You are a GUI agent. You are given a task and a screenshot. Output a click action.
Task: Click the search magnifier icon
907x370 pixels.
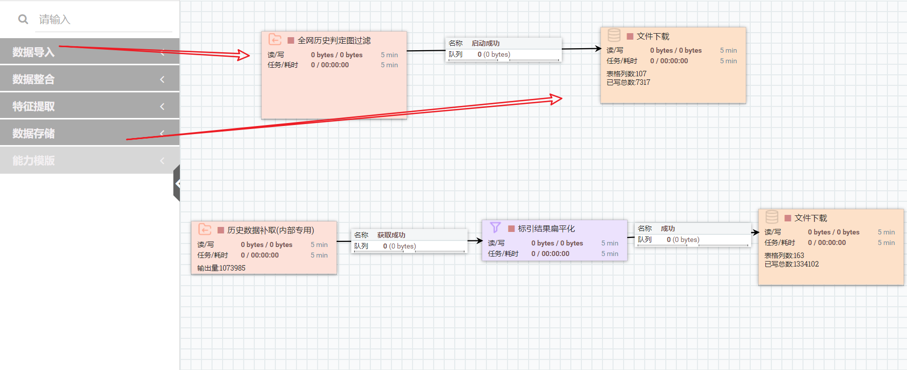pyautogui.click(x=23, y=19)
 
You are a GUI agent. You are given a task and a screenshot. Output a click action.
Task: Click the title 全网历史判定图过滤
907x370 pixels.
pyautogui.click(x=334, y=41)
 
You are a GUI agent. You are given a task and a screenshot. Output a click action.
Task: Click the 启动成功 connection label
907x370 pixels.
pyautogui.click(x=485, y=43)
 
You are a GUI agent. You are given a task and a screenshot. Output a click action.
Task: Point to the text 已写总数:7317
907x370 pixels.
pyautogui.click(x=628, y=82)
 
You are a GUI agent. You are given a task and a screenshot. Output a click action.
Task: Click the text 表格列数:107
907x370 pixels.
pyautogui.click(x=626, y=74)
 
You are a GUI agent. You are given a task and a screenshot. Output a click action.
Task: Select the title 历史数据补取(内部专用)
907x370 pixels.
pyautogui.click(x=270, y=230)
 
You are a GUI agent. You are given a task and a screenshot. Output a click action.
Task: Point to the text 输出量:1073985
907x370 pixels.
pyautogui.click(x=221, y=268)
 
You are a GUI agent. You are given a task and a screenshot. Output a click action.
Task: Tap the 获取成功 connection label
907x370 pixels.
pyautogui.click(x=391, y=235)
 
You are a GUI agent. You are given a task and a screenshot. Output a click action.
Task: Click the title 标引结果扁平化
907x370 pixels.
pyautogui.click(x=546, y=228)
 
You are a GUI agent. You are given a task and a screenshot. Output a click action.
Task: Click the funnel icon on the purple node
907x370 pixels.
pyautogui.click(x=495, y=227)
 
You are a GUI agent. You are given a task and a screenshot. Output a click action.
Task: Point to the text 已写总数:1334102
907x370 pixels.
pyautogui.click(x=791, y=264)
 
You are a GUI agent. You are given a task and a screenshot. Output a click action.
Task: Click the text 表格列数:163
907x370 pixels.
pyautogui.click(x=784, y=256)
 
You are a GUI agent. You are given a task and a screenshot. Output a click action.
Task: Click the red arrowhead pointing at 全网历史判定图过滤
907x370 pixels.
pyautogui.click(x=244, y=55)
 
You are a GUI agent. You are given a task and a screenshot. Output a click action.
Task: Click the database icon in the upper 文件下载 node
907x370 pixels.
pyautogui.click(x=614, y=35)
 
